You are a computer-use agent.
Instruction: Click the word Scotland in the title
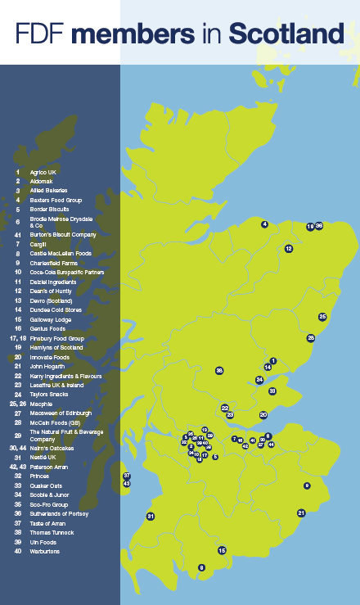pyautogui.click(x=286, y=34)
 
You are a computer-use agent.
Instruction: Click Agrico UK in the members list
pyautogui.click(x=43, y=172)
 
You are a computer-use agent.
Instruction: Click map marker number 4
pyautogui.click(x=265, y=223)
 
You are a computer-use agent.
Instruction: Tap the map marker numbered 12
pyautogui.click(x=289, y=248)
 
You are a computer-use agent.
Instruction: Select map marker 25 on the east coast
pyautogui.click(x=322, y=317)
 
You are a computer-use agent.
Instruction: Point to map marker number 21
pyautogui.click(x=301, y=513)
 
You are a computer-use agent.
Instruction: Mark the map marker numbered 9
pyautogui.click(x=307, y=486)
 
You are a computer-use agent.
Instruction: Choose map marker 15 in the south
pyautogui.click(x=222, y=551)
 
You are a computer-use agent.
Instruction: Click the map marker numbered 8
pyautogui.click(x=201, y=567)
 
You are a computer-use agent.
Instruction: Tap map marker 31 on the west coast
pyautogui.click(x=151, y=516)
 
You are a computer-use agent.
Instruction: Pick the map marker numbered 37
pyautogui.click(x=127, y=476)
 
